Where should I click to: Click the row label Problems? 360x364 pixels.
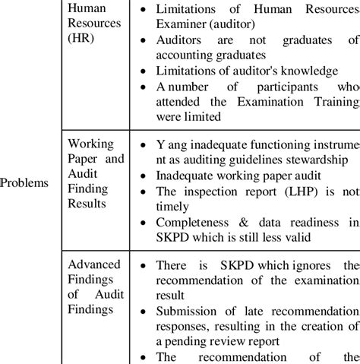(x=24, y=183)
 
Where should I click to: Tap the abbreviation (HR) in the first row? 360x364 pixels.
(x=81, y=39)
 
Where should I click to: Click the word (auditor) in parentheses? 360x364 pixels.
(x=239, y=24)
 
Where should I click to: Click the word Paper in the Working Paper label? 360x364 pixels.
(x=84, y=160)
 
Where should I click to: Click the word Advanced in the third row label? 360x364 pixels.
(x=94, y=264)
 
